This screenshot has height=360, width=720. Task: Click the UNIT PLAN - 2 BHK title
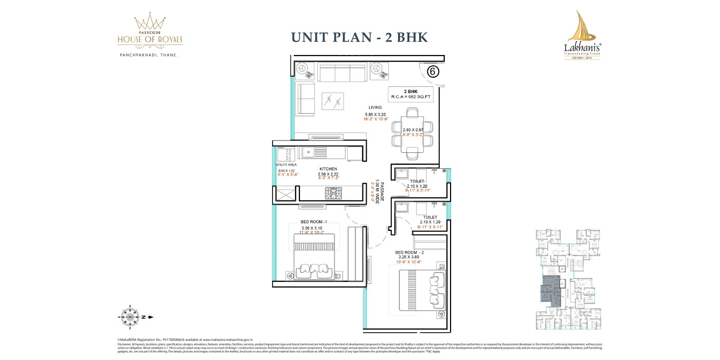pos(359,38)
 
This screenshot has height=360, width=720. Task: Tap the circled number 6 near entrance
pos(433,72)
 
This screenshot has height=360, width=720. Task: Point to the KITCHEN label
pos(328,169)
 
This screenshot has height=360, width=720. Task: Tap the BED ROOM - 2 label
pos(409,253)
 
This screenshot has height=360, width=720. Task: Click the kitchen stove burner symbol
pos(332,193)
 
